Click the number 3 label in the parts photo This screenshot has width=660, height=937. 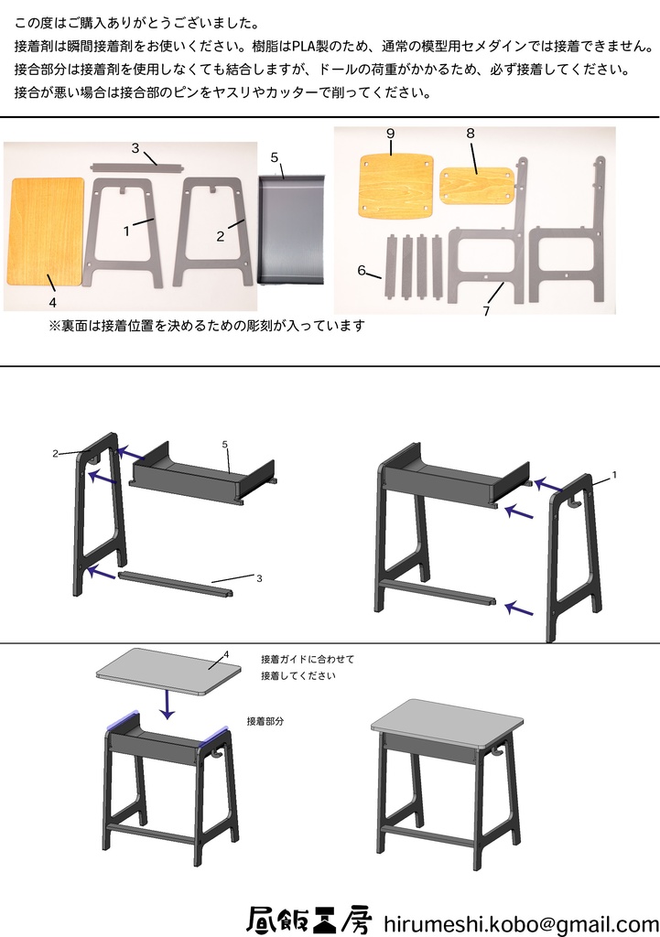(135, 148)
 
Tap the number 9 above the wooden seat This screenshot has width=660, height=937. (390, 134)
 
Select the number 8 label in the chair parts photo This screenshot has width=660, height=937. (471, 133)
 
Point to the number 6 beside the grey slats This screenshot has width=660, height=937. (362, 270)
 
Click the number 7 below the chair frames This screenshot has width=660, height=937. (486, 311)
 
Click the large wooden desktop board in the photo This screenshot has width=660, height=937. (48, 230)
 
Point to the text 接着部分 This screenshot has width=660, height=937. (265, 721)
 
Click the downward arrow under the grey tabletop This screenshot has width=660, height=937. (167, 702)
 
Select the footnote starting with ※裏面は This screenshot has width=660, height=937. (206, 326)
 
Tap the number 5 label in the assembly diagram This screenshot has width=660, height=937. (224, 444)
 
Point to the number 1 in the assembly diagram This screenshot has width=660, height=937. (614, 475)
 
